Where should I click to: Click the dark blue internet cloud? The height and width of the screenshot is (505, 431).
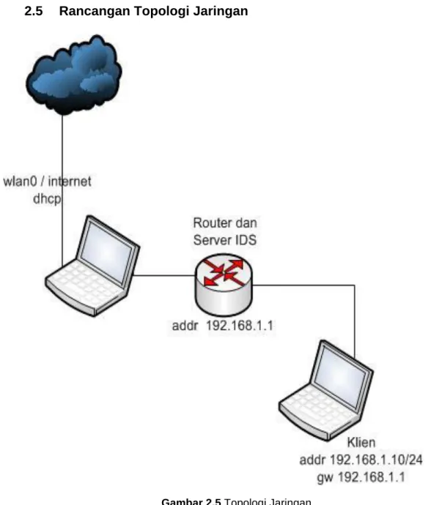pos(74,75)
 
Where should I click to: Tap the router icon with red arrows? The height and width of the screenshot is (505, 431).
pos(224,285)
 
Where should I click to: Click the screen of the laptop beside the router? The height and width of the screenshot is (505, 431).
pos(106,252)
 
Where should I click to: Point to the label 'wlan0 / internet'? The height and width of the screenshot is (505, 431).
pos(47,182)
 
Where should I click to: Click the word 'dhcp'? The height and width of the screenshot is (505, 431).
pos(47,199)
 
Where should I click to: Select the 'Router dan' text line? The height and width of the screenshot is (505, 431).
pos(225,223)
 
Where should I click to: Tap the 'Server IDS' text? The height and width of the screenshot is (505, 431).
pos(225,240)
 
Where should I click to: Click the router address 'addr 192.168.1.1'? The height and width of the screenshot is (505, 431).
pos(223,326)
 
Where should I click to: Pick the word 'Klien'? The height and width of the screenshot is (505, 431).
pos(361,442)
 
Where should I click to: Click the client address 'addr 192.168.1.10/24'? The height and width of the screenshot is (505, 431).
pos(361,460)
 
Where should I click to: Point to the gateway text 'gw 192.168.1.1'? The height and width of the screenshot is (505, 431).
pos(361,477)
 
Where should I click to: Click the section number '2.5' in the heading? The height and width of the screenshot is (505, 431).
pos(34,11)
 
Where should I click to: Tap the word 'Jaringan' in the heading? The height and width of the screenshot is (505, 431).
pos(221,12)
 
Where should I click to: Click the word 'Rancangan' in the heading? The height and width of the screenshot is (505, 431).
pos(95,12)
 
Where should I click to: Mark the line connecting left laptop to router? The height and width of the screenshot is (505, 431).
pos(164,275)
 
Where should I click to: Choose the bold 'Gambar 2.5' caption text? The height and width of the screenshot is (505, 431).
pos(191,501)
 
